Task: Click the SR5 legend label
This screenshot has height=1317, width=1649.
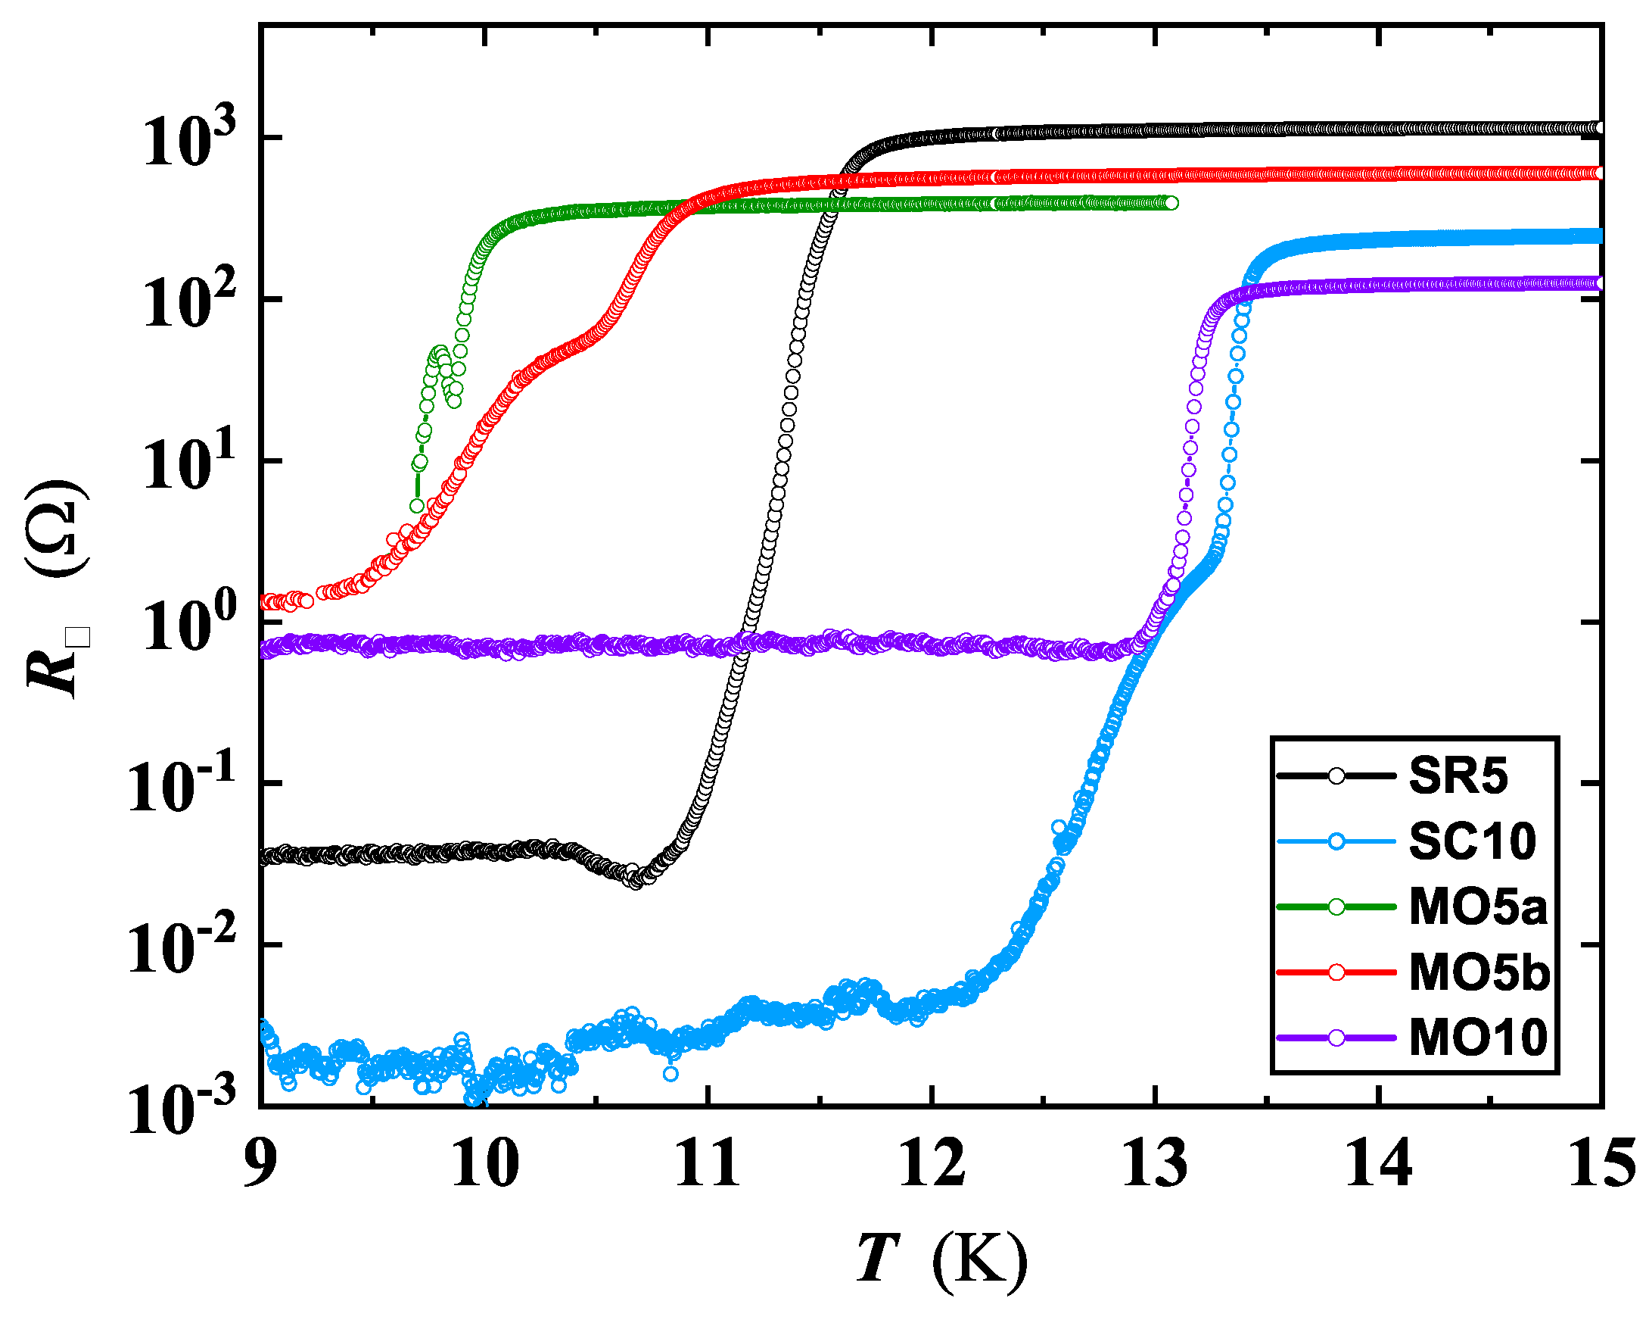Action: click(1458, 777)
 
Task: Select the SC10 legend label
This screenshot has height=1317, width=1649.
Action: click(1473, 842)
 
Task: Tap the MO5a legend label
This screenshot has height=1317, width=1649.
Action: click(1478, 907)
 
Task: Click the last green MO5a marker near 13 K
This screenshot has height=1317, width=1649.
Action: click(1171, 203)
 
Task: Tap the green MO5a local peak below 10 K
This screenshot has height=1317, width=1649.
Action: click(439, 352)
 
